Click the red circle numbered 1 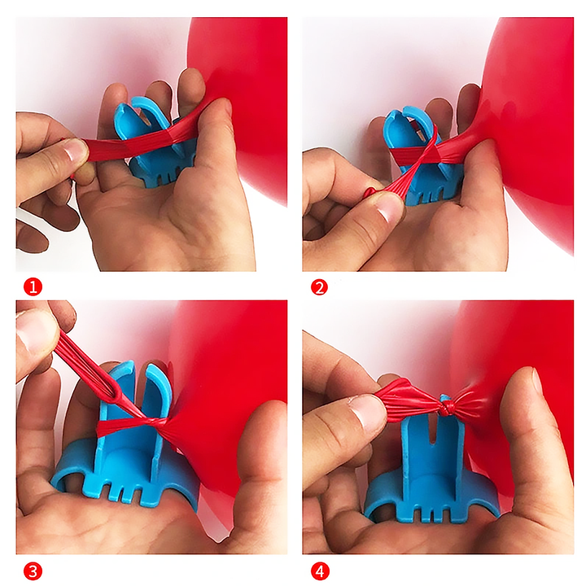tap(33, 287)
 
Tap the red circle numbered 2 tap(319, 287)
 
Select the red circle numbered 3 tap(33, 572)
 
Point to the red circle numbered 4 tap(320, 572)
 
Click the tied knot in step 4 tap(446, 404)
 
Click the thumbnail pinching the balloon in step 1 tap(75, 151)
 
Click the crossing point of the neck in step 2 tap(429, 153)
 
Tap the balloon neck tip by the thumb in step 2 tap(370, 192)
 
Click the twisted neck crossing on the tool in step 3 tap(150, 422)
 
